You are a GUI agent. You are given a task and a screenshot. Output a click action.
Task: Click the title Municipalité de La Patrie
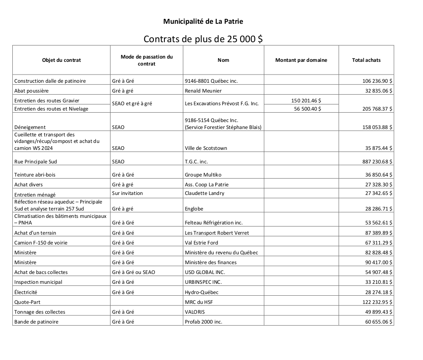tap(206, 21)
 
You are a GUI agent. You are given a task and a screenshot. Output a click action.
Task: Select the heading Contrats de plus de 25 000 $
tap(203, 39)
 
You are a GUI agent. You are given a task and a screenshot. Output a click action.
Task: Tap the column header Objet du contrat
tap(61, 60)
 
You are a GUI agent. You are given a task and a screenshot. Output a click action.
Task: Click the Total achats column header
tap(366, 60)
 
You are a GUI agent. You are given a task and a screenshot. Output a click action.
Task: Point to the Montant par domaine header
tap(301, 60)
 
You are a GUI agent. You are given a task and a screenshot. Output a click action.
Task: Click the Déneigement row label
tap(30, 127)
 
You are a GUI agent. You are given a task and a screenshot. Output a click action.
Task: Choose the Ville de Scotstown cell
tap(206, 148)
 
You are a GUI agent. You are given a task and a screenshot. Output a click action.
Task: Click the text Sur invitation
tap(128, 193)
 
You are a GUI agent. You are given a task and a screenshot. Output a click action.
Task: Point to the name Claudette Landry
tap(205, 193)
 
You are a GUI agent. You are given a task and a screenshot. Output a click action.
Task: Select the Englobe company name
tap(194, 209)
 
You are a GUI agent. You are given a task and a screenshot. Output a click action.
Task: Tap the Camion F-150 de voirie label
tap(40, 243)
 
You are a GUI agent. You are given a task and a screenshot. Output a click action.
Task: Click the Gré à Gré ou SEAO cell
tap(133, 272)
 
